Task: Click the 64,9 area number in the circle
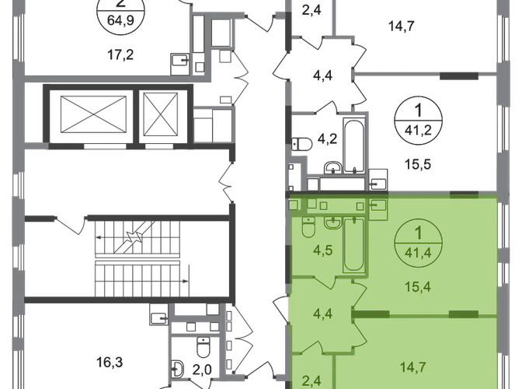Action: point(120,20)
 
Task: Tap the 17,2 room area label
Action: point(120,54)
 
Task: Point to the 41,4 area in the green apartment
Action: point(418,253)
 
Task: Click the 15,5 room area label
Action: point(418,164)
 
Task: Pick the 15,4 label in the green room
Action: point(418,286)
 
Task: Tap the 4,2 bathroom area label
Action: point(327,138)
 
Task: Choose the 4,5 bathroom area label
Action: point(323,251)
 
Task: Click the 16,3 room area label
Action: point(110,362)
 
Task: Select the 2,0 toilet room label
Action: point(202,370)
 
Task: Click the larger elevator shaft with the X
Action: point(93,115)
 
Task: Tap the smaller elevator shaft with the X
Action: point(161,114)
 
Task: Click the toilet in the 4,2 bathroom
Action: point(301,145)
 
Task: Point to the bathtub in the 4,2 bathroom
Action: point(353,146)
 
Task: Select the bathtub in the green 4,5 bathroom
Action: point(353,244)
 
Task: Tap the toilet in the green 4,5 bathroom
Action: point(308,227)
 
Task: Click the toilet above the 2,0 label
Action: point(203,347)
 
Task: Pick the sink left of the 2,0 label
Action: point(178,369)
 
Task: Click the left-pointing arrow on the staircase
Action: point(113,237)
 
